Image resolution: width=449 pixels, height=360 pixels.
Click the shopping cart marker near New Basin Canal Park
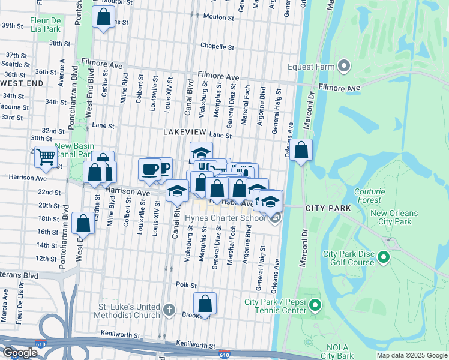coord(46,157)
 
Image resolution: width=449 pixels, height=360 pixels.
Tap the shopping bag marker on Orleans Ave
coord(303,149)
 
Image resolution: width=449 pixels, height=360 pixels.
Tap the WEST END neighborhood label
coord(22,83)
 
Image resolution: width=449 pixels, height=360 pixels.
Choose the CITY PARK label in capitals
coord(327,208)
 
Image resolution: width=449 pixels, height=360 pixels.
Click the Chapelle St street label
coord(217,46)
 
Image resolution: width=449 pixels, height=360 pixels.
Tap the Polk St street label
coord(186,285)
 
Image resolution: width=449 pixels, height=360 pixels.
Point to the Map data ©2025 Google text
coord(411,355)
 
